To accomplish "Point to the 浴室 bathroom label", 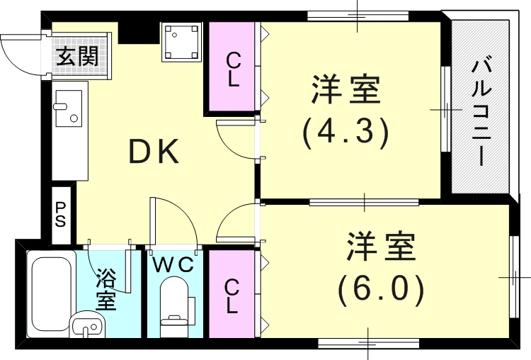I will pos(106,288).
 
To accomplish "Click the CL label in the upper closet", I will pos(233,69).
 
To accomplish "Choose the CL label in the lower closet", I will pos(232,296).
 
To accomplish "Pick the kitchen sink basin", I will pos(69,109).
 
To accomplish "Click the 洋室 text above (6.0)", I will pos(381,247).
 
